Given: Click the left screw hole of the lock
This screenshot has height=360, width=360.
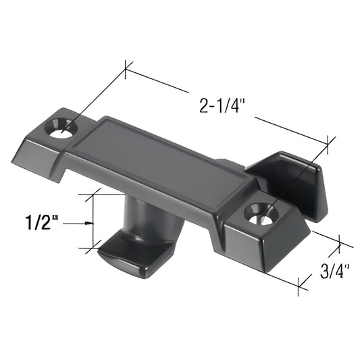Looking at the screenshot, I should pos(64,127).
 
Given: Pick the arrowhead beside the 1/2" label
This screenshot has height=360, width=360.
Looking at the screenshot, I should pos(88,223).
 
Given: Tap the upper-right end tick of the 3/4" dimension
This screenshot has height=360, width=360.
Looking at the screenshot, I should pos(341,245).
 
